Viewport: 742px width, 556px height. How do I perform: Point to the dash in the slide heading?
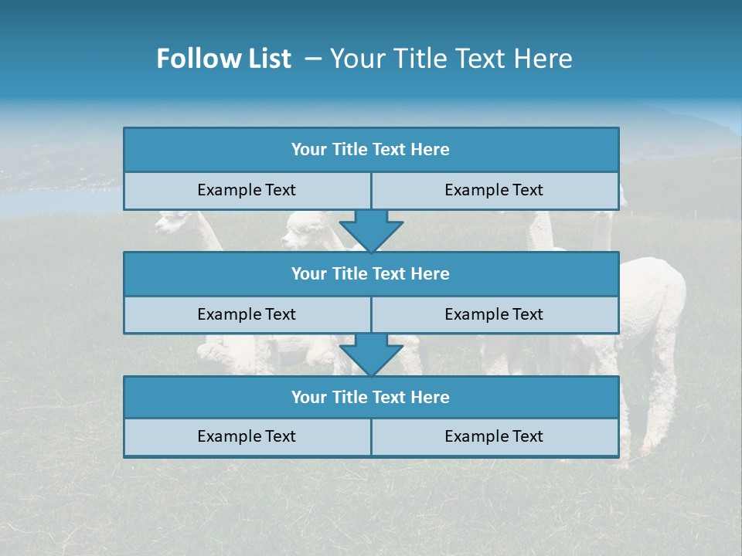coord(313,59)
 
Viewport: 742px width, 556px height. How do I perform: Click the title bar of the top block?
coord(371,150)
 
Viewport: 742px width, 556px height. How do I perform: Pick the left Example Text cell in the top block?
coord(247,190)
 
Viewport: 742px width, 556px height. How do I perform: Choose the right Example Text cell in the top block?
coord(494,190)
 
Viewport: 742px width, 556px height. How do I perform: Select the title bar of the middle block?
coord(371,273)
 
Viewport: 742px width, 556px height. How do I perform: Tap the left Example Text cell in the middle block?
coord(247,314)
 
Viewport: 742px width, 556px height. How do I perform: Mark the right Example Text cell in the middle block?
coord(494,314)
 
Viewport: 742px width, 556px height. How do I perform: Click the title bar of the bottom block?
coord(371,397)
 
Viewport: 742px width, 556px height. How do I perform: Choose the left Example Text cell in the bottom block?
coord(247,436)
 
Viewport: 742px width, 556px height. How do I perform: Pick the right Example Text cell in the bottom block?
coord(494,436)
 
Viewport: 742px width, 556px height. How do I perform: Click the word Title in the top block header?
coord(349,150)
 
